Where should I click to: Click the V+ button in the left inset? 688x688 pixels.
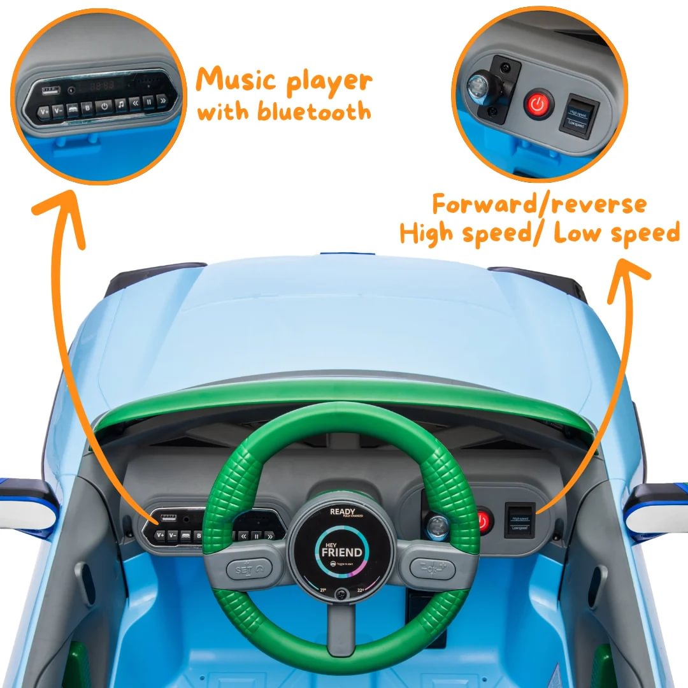click(x=44, y=112)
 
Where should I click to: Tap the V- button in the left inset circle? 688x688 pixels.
click(x=58, y=111)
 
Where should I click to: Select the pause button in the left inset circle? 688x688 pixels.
click(x=148, y=101)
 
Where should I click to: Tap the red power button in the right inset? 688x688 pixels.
click(x=539, y=103)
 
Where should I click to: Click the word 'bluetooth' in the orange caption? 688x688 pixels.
click(x=314, y=111)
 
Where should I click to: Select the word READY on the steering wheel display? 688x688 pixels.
click(x=343, y=512)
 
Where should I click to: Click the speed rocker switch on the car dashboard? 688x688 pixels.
click(x=519, y=520)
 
